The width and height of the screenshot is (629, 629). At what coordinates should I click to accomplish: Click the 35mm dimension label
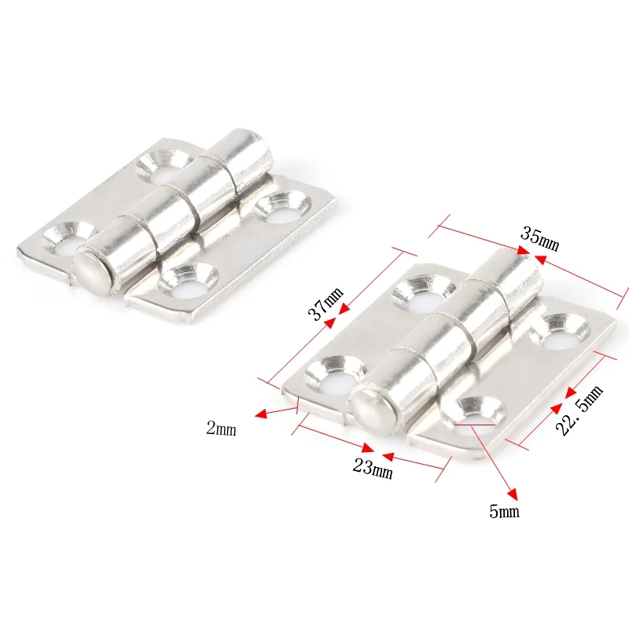tap(539, 238)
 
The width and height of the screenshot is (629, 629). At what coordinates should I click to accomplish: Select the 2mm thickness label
tap(221, 429)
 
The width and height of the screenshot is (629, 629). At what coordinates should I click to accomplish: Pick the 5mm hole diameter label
tap(505, 512)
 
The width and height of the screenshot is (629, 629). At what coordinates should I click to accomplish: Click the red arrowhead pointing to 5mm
tap(513, 495)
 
